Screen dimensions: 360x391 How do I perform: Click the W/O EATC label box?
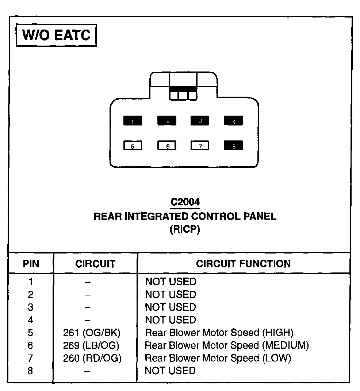click(x=56, y=35)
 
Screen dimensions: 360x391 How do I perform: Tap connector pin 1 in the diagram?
click(x=133, y=121)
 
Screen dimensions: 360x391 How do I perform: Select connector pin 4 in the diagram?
click(x=234, y=121)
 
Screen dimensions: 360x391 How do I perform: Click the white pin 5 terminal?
click(x=133, y=146)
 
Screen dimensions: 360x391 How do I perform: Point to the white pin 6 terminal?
click(x=167, y=146)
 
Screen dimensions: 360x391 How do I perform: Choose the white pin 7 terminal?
click(x=200, y=146)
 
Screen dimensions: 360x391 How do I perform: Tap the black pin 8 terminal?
click(x=234, y=146)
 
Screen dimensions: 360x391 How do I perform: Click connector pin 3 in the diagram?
click(x=200, y=121)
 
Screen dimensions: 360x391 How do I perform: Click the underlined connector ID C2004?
click(x=185, y=202)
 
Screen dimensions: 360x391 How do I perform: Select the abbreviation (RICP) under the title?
click(x=185, y=230)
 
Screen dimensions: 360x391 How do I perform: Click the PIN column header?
click(x=31, y=264)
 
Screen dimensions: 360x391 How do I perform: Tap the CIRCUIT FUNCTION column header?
click(x=243, y=264)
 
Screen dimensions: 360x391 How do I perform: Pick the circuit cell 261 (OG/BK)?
click(x=92, y=333)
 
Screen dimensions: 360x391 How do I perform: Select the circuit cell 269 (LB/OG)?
click(x=91, y=345)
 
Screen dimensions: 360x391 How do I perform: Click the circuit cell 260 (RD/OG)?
click(x=92, y=358)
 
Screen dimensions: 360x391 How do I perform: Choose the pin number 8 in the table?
click(x=30, y=371)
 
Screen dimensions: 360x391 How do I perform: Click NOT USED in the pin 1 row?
click(x=171, y=282)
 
